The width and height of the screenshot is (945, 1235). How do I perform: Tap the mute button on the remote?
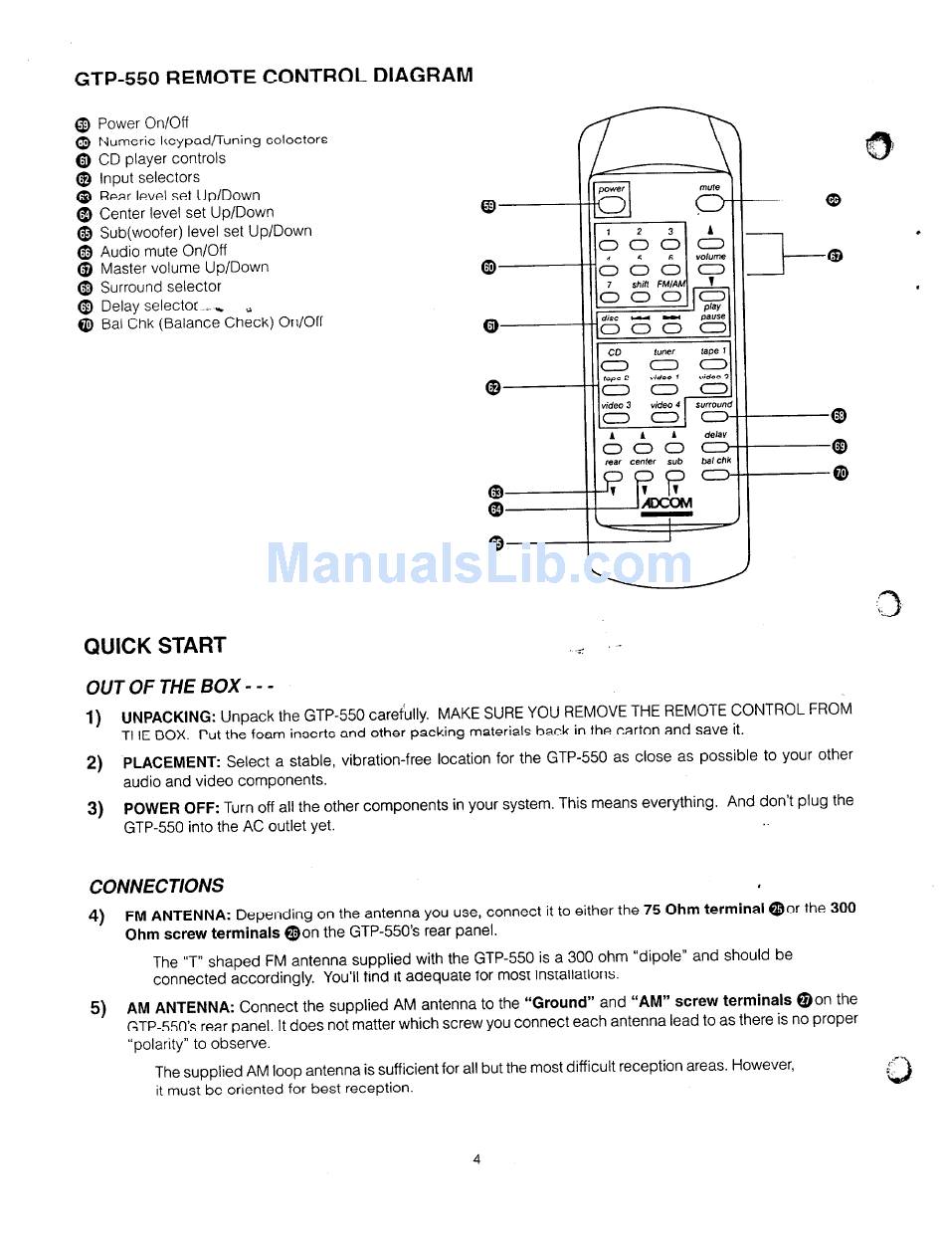709,204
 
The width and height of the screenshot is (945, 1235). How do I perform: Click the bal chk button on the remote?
714,475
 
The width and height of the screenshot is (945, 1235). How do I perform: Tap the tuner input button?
663,365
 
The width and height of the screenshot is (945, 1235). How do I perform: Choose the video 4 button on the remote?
663,418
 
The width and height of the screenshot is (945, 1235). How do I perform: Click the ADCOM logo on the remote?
666,504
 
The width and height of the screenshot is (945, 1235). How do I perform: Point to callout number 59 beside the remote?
487,206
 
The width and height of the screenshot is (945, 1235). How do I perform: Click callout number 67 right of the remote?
835,256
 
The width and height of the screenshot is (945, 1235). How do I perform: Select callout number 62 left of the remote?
493,386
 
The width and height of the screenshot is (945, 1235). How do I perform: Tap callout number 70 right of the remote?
841,473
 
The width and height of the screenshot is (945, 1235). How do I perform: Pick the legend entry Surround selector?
160,287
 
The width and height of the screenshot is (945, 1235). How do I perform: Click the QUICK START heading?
154,645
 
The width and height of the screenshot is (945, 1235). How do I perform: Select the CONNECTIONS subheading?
156,886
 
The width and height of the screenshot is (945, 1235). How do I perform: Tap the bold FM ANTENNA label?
178,915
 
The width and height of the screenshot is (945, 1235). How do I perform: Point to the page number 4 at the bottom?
476,1158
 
